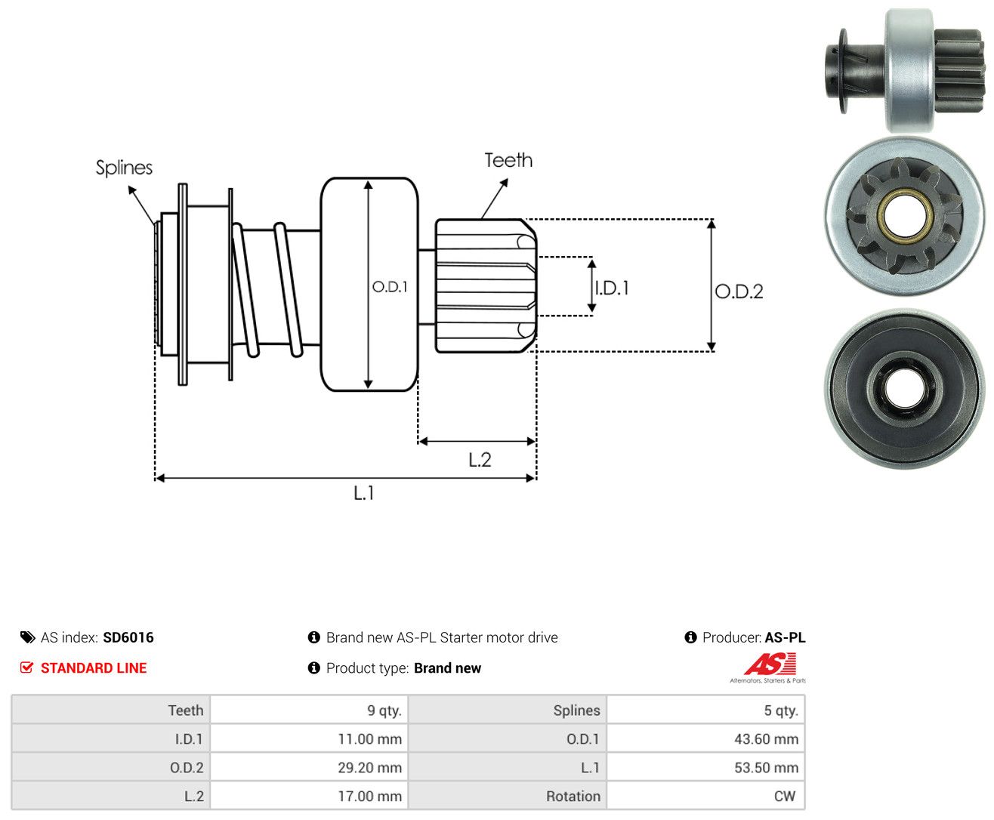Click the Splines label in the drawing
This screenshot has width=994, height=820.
point(124,168)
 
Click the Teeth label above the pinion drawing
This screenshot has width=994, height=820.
point(508,160)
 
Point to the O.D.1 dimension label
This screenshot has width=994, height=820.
point(390,286)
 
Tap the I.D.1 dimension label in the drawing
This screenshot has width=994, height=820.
point(612,288)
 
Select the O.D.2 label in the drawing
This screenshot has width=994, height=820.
point(739,291)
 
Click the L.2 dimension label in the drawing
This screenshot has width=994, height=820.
point(480,460)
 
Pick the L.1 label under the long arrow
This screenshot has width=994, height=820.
point(364,493)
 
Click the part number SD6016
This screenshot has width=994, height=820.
point(128,637)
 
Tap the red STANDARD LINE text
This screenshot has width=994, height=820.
point(94,667)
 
